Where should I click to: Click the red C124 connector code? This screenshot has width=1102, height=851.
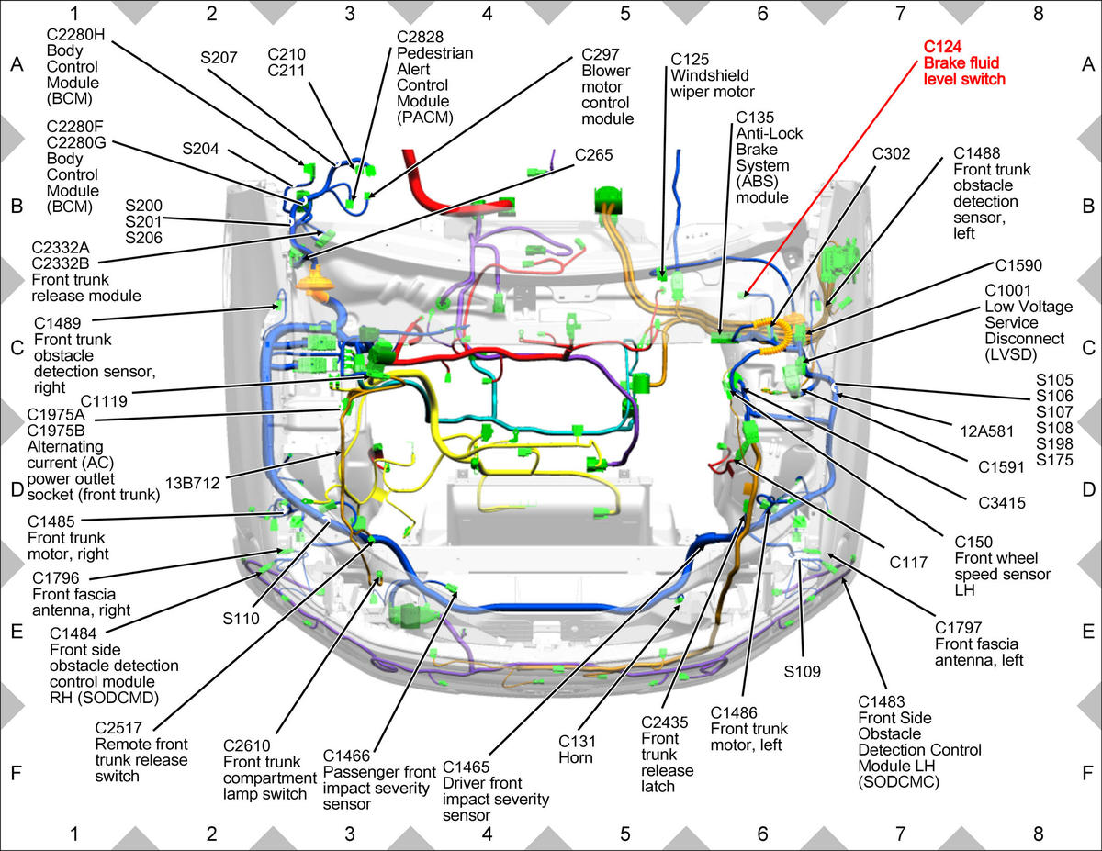click(942, 47)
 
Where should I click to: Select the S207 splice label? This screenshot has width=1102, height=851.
click(219, 57)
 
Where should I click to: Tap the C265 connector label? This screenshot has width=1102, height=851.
click(594, 154)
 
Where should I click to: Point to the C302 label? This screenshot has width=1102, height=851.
click(891, 153)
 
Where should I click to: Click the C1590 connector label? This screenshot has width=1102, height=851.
click(1018, 265)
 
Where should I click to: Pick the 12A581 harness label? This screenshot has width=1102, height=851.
click(987, 431)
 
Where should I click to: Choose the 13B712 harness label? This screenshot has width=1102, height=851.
click(193, 483)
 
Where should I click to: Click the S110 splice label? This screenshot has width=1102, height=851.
click(241, 619)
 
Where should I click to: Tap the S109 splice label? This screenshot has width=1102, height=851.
click(802, 672)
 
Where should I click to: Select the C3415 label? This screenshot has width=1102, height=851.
click(1002, 503)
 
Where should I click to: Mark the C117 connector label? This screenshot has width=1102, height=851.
click(908, 562)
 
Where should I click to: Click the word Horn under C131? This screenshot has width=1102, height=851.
click(576, 757)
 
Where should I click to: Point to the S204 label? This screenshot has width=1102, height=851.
click(200, 149)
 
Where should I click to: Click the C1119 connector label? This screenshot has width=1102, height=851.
click(104, 401)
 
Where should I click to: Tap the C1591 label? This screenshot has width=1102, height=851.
click(1002, 466)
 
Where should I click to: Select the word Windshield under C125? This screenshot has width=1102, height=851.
click(710, 75)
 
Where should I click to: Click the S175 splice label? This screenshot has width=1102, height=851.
click(1054, 460)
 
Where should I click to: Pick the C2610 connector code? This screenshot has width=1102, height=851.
click(247, 745)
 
